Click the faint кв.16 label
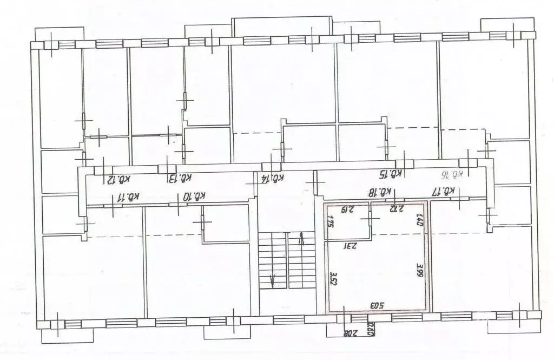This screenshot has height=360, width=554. point(457,174)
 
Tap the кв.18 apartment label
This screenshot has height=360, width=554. point(380,191)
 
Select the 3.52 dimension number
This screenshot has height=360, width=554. point(333,278)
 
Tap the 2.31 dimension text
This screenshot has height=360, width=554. point(351,245)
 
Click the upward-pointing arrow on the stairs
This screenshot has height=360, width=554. point(302,239)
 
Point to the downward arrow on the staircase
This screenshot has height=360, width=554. point(273,280)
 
